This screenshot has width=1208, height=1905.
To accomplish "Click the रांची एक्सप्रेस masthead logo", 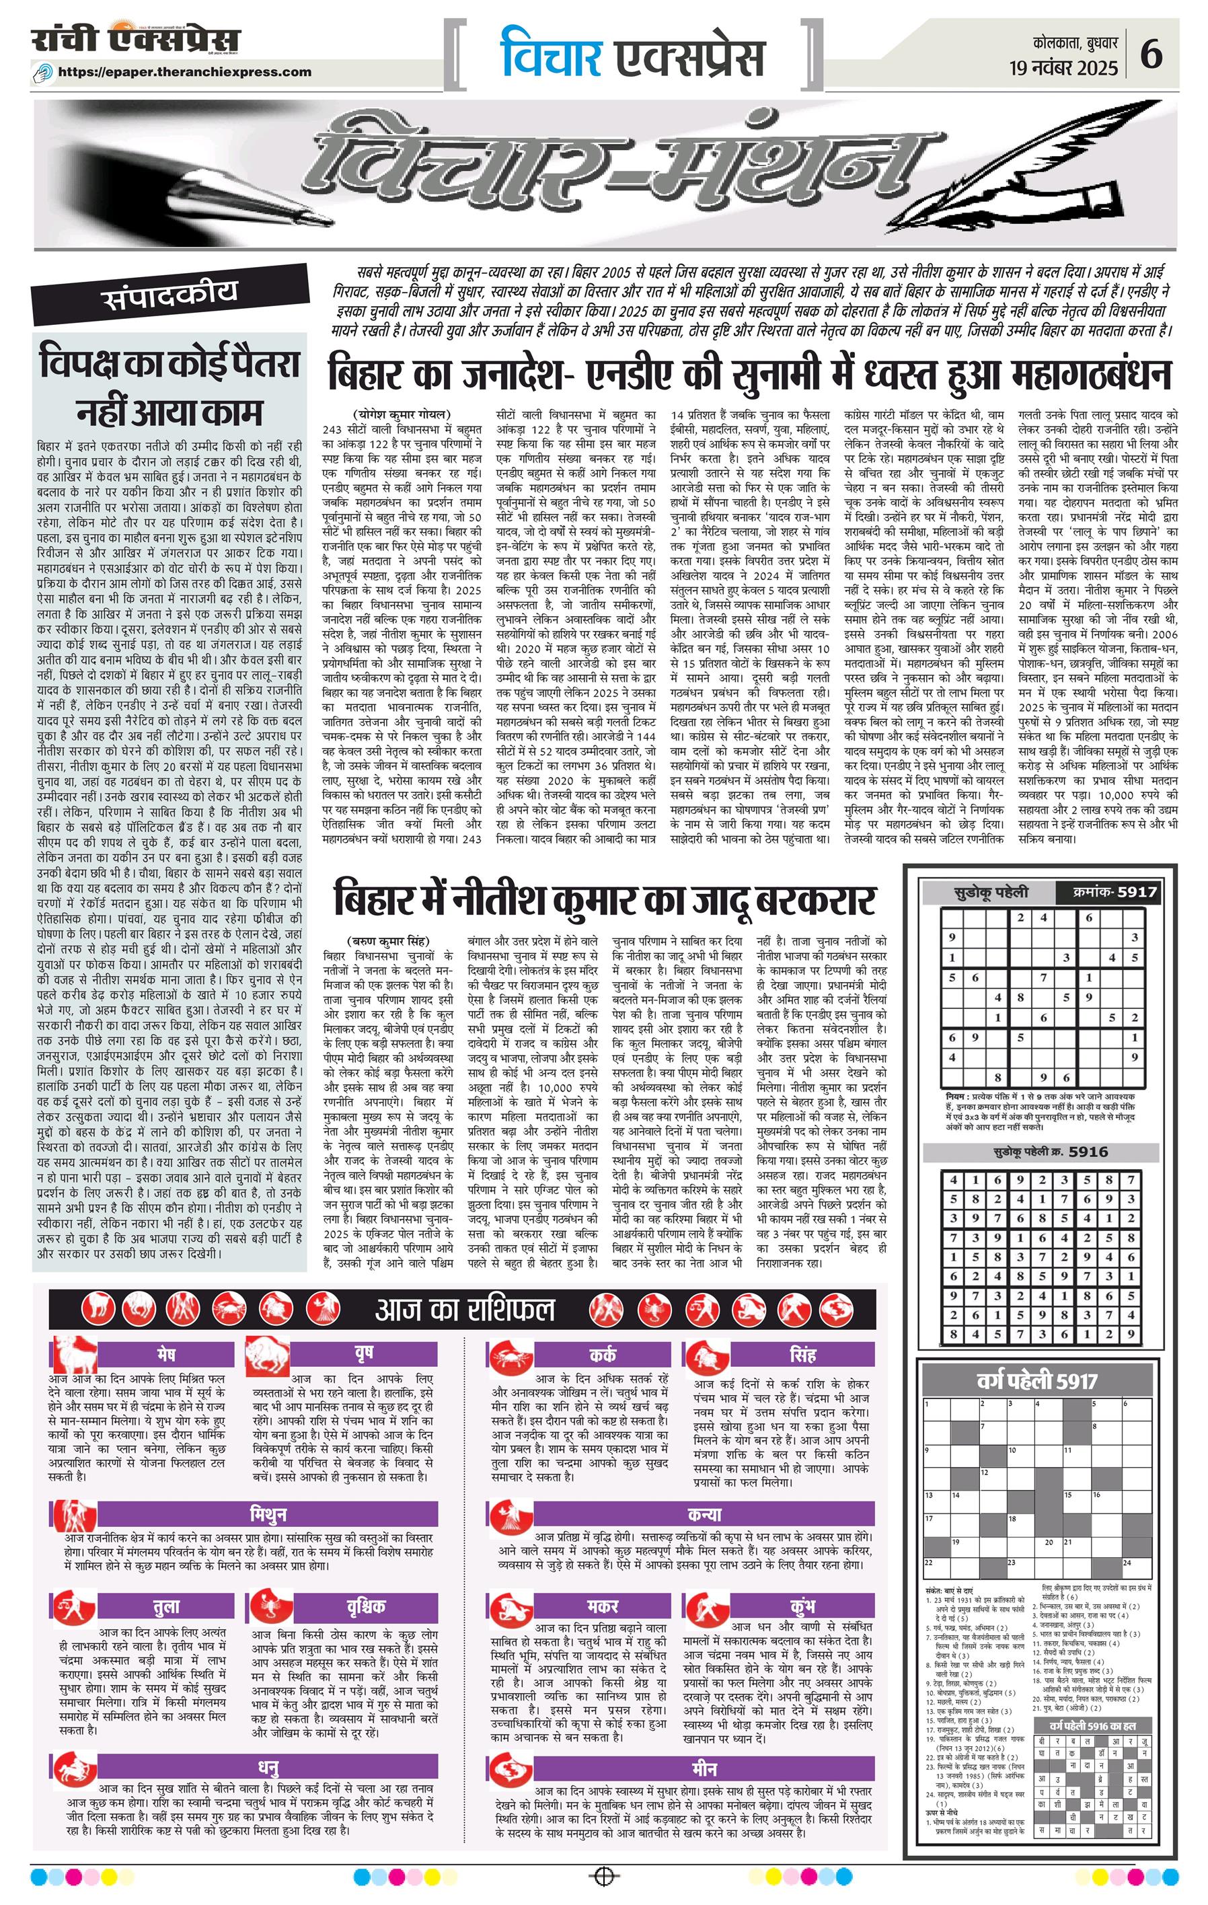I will (x=136, y=40).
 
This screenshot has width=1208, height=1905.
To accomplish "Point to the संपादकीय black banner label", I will (x=169, y=295).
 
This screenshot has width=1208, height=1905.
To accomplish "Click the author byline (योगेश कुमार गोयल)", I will (x=401, y=414).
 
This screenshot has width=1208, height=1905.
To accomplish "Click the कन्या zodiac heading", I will (x=704, y=1514).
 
